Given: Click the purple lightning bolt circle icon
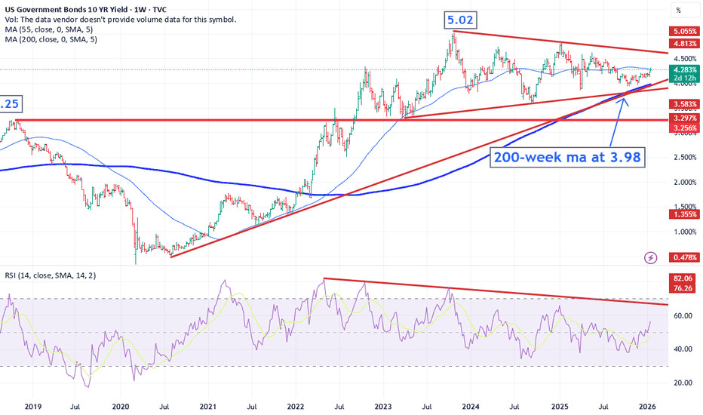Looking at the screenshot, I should (651, 258).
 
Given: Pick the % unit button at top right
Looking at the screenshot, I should (678, 11).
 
